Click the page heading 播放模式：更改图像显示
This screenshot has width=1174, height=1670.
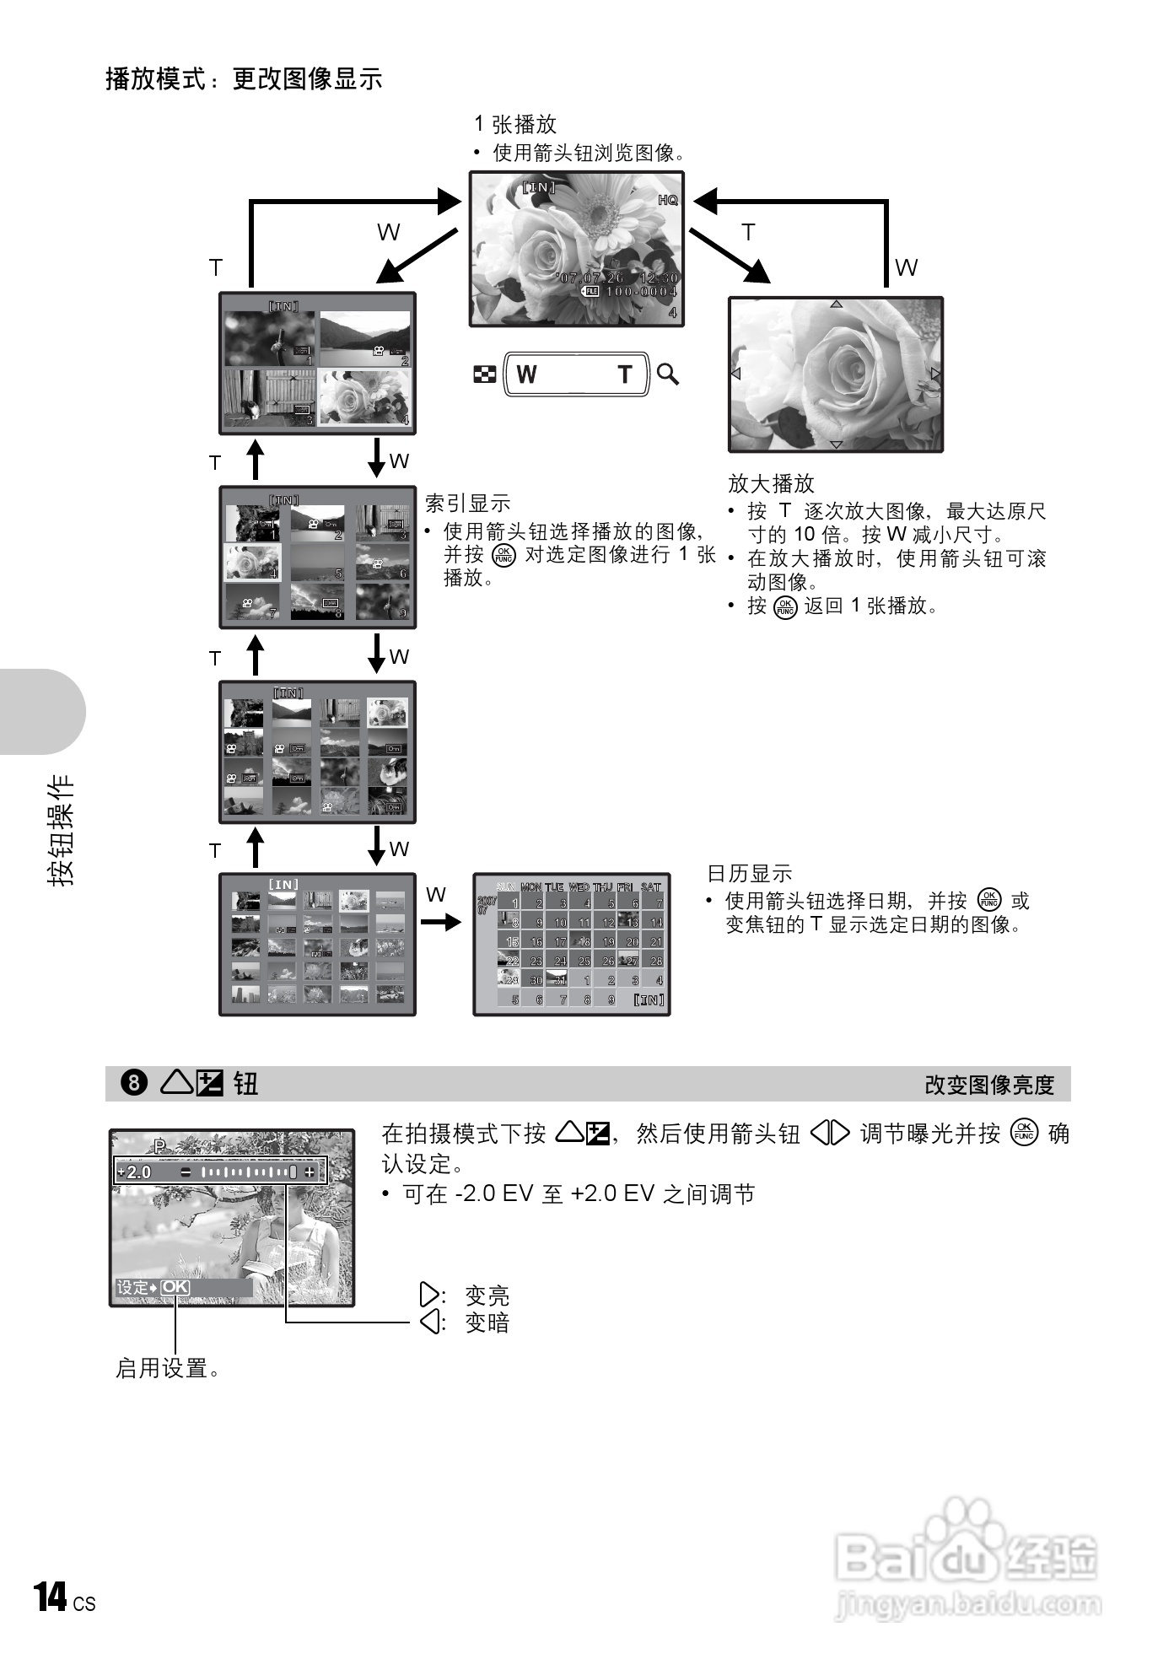pyautogui.click(x=244, y=78)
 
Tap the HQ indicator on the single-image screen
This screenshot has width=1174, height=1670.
pyautogui.click(x=667, y=200)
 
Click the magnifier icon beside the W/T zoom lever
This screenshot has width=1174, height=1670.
pyautogui.click(x=668, y=374)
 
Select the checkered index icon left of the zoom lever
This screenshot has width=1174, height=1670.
pyautogui.click(x=484, y=374)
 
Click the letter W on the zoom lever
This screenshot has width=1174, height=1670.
pyautogui.click(x=526, y=374)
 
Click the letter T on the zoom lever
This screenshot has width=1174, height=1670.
pyautogui.click(x=624, y=374)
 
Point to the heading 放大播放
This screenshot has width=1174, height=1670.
pyautogui.click(x=771, y=483)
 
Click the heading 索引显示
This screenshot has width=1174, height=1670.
pyautogui.click(x=468, y=504)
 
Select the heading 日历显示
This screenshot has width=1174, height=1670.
pyautogui.click(x=749, y=874)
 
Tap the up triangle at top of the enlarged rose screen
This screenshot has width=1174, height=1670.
pyautogui.click(x=836, y=304)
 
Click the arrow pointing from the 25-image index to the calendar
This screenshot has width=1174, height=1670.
pyautogui.click(x=441, y=923)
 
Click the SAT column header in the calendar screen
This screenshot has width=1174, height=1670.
pyautogui.click(x=651, y=887)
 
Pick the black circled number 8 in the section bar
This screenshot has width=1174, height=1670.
pyautogui.click(x=134, y=1083)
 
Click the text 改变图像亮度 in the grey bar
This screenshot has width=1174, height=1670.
pyautogui.click(x=989, y=1085)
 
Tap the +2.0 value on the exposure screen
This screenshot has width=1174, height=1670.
pyautogui.click(x=135, y=1172)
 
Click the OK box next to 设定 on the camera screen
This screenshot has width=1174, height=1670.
pyautogui.click(x=175, y=1287)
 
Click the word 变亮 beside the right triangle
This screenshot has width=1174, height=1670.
pyautogui.click(x=487, y=1295)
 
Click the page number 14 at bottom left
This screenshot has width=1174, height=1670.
pyautogui.click(x=51, y=1597)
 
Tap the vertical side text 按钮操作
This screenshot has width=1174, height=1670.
pyautogui.click(x=61, y=830)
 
